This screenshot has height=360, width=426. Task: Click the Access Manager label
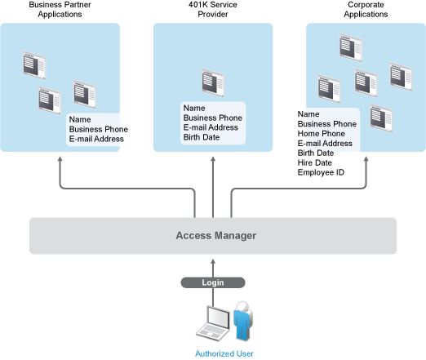[216, 236]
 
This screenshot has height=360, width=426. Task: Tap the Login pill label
[213, 282]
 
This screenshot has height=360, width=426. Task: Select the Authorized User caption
[224, 353]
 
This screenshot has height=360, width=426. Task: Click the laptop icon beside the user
[213, 323]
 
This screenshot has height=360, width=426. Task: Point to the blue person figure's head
[243, 307]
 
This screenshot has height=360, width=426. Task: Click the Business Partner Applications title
[60, 9]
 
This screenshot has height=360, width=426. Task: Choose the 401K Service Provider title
[213, 9]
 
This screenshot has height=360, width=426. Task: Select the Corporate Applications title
[366, 9]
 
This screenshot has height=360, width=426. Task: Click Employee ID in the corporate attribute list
[321, 172]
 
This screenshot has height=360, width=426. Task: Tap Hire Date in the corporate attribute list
[315, 162]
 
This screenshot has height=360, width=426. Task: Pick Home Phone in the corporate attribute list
[322, 134]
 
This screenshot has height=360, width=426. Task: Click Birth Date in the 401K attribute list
[202, 137]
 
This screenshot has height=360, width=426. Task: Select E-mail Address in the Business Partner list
[96, 139]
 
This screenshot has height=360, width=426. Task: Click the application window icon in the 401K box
[213, 82]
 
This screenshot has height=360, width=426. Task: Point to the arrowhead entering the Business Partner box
[60, 158]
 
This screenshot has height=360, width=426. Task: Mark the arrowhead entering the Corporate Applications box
[366, 158]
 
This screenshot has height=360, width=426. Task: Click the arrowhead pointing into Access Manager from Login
[213, 261]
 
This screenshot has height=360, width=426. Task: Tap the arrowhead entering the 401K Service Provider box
[213, 158]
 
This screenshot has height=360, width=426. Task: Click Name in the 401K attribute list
[194, 108]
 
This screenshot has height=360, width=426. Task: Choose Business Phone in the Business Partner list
[99, 129]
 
